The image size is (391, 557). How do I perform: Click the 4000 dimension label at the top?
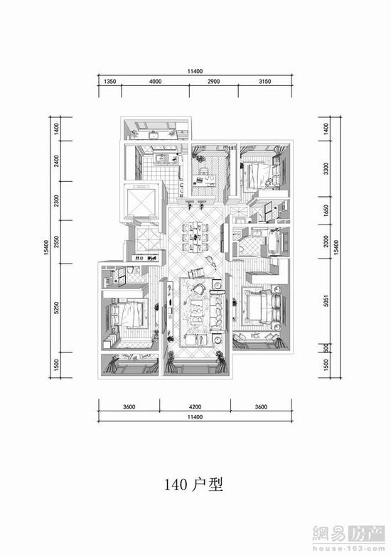(155, 81)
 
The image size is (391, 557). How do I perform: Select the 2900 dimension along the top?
(213, 81)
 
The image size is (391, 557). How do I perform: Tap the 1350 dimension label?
(109, 81)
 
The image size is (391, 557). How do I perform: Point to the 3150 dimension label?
(264, 81)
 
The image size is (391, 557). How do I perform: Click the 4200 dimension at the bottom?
(195, 406)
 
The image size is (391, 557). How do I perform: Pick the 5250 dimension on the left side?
(56, 308)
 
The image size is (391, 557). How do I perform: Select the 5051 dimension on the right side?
(327, 301)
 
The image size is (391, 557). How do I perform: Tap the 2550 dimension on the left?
(56, 242)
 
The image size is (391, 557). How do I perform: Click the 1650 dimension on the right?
(327, 210)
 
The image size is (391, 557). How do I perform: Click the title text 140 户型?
(193, 485)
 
